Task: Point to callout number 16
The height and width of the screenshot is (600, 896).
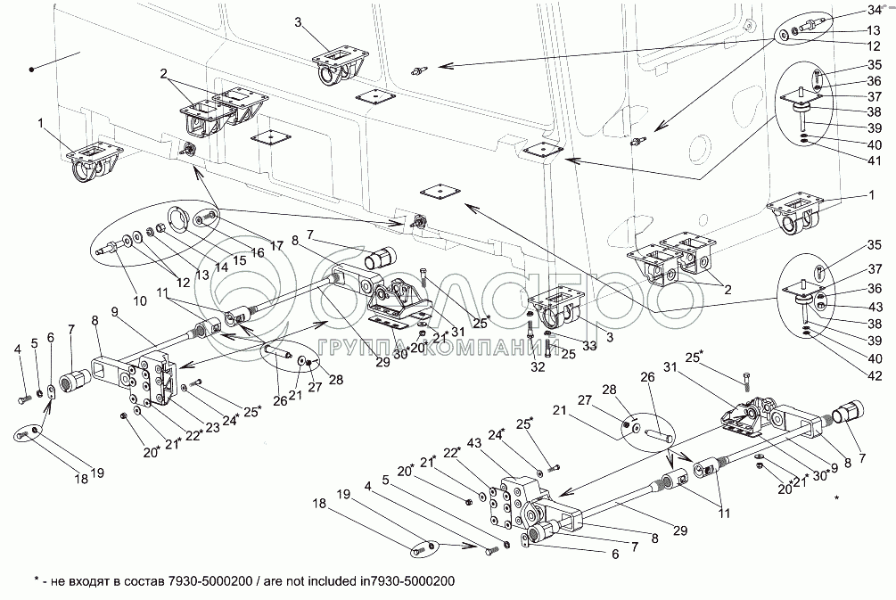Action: (259, 253)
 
